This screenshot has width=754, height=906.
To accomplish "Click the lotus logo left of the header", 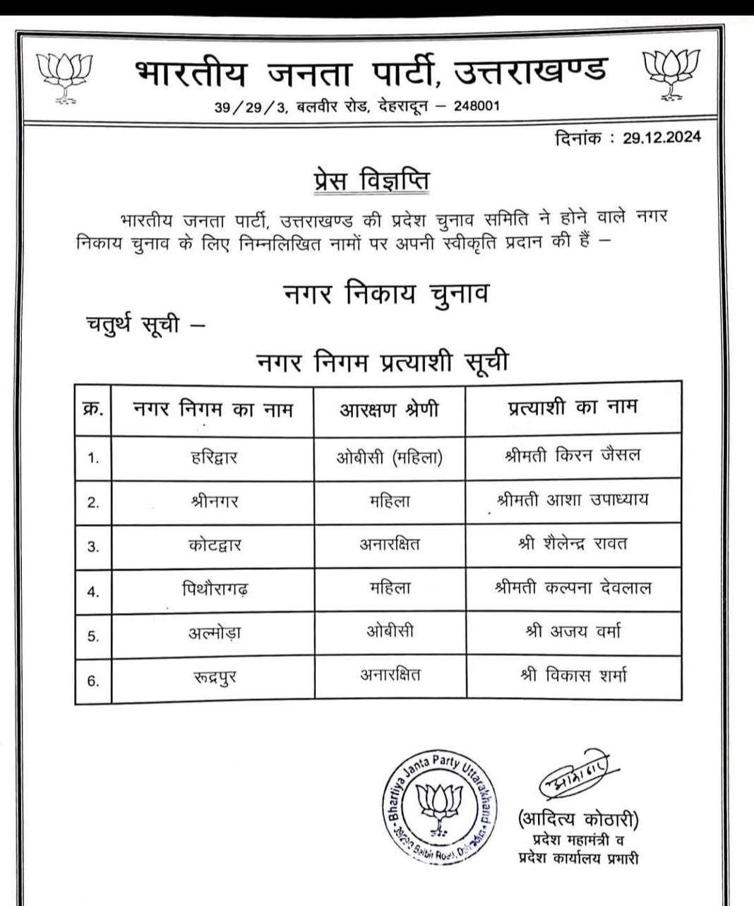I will [x=66, y=77].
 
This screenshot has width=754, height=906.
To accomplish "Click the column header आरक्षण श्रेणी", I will [x=389, y=410].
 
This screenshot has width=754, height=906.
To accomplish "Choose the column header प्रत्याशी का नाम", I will [x=573, y=408].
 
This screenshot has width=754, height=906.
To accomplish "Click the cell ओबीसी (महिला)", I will [x=389, y=456].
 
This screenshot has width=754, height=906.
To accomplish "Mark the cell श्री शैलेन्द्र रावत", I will [x=573, y=544].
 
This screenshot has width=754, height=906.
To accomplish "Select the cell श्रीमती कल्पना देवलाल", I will [x=573, y=588].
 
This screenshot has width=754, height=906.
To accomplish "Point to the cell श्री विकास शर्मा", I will [x=573, y=675].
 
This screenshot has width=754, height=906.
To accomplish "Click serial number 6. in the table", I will [x=93, y=681].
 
